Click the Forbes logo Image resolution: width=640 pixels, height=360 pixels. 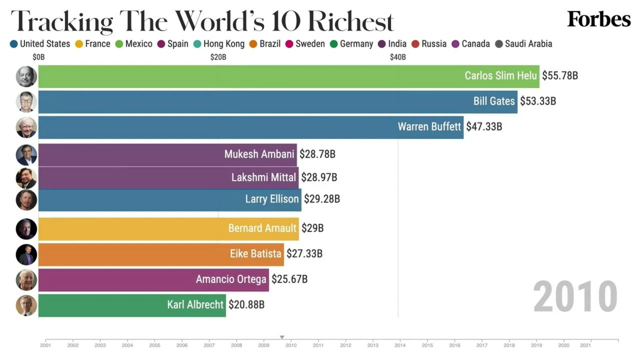pos(598,19)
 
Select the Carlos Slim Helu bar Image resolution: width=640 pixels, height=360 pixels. pos(250,76)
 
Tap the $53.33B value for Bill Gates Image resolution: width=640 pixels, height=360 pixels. pos(538,101)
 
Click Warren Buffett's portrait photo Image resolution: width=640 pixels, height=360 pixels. pos(26,127)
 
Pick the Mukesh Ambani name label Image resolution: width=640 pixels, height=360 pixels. pos(259,154)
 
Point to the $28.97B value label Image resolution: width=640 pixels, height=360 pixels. pos(319,177)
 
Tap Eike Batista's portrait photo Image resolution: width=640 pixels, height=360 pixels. pos(26,254)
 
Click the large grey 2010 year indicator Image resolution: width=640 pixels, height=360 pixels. pos(575,297)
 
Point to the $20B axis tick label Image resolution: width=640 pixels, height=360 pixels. pos(218,57)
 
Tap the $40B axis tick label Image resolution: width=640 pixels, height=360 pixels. pos(398,57)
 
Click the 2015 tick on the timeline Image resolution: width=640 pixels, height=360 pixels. pos(427,345)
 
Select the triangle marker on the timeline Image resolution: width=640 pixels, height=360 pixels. pos(282,337)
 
